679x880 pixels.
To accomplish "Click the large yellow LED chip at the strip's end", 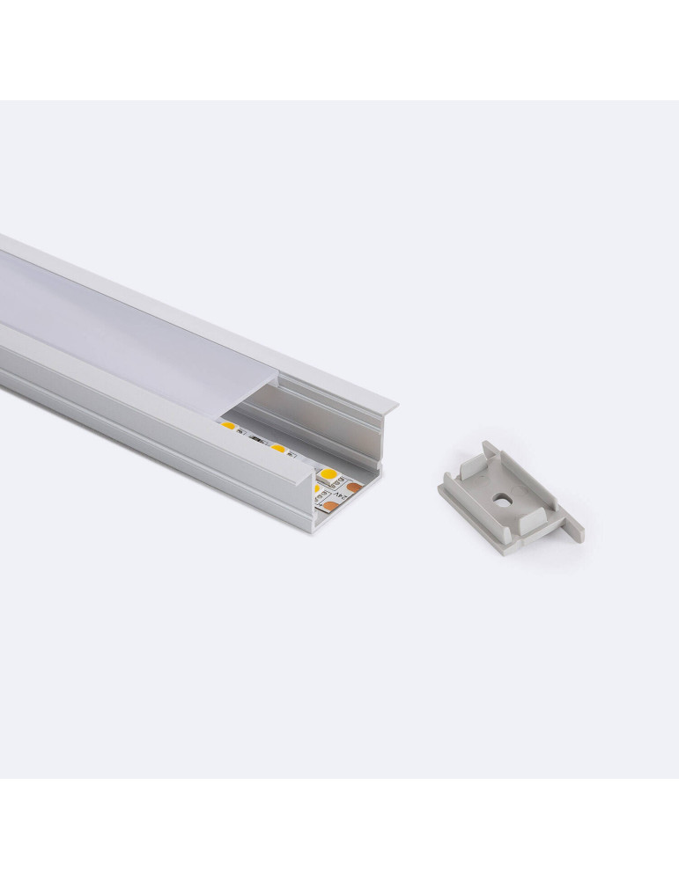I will (331, 477).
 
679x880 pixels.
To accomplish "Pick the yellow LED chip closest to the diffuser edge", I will (227, 427).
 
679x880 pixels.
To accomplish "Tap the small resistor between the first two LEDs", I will (255, 439).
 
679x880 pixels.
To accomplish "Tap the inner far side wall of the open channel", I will (317, 414).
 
